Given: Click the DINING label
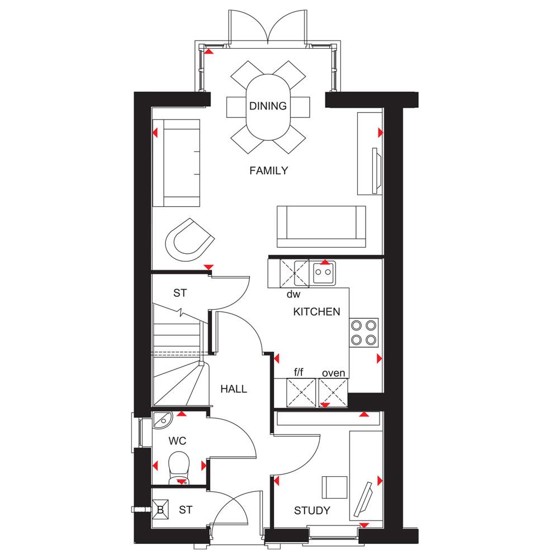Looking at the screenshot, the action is click(268, 106).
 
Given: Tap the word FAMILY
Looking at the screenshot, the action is click(268, 170).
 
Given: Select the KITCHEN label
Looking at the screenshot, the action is click(316, 312).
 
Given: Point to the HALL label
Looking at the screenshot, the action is click(234, 389).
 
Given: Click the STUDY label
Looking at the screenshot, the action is click(312, 511).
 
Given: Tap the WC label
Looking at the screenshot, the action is click(177, 441).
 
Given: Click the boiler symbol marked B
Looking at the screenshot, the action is click(160, 510).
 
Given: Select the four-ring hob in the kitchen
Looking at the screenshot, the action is click(363, 333).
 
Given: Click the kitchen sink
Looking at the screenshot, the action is click(323, 273).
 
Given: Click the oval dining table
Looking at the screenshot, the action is click(268, 107).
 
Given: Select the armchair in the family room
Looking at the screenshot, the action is click(190, 240).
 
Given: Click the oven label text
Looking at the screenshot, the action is click(333, 373).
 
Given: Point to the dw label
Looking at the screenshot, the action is click(293, 295).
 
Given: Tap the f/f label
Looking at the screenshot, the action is click(299, 372).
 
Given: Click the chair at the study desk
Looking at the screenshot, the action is click(334, 487).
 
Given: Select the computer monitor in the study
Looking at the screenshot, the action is click(363, 499).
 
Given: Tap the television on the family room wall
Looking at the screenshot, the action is click(376, 170).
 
